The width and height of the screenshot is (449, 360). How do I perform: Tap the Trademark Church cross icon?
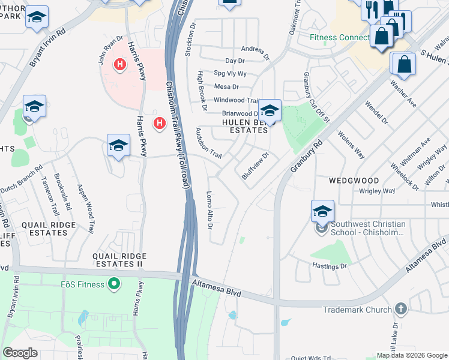401,310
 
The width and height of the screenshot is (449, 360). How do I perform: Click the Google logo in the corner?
20,353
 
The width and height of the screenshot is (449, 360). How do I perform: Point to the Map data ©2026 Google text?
412,355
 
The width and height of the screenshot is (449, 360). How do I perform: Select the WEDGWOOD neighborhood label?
354,181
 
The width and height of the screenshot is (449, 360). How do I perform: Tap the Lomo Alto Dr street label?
209,210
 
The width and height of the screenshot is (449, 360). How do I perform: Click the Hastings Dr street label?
329,265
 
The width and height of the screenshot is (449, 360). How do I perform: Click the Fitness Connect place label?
339,37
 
